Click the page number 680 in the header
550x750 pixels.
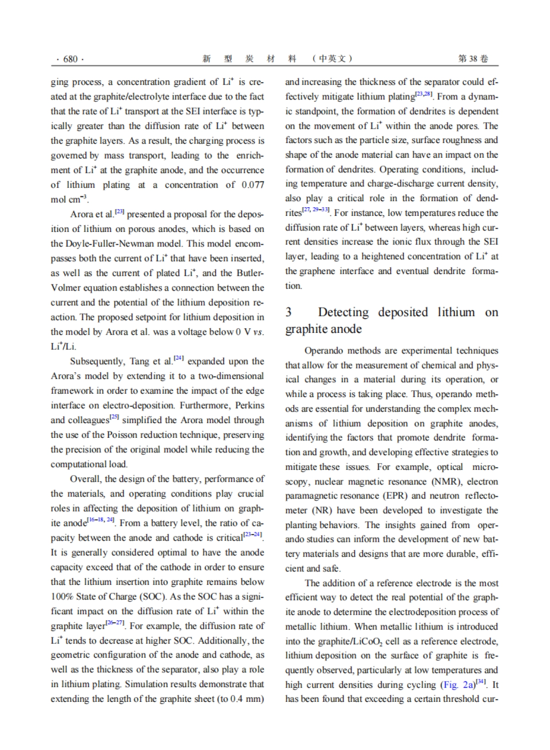click(70, 59)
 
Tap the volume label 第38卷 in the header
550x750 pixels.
click(473, 59)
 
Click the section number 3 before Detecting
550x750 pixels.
click(288, 312)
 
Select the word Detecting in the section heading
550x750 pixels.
click(343, 312)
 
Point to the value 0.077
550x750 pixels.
click(253, 185)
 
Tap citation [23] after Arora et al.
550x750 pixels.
click(120, 212)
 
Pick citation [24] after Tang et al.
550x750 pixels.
click(179, 358)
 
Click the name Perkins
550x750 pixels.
click(249, 405)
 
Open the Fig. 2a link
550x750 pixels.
click(457, 685)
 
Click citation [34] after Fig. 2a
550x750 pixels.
click(480, 682)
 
